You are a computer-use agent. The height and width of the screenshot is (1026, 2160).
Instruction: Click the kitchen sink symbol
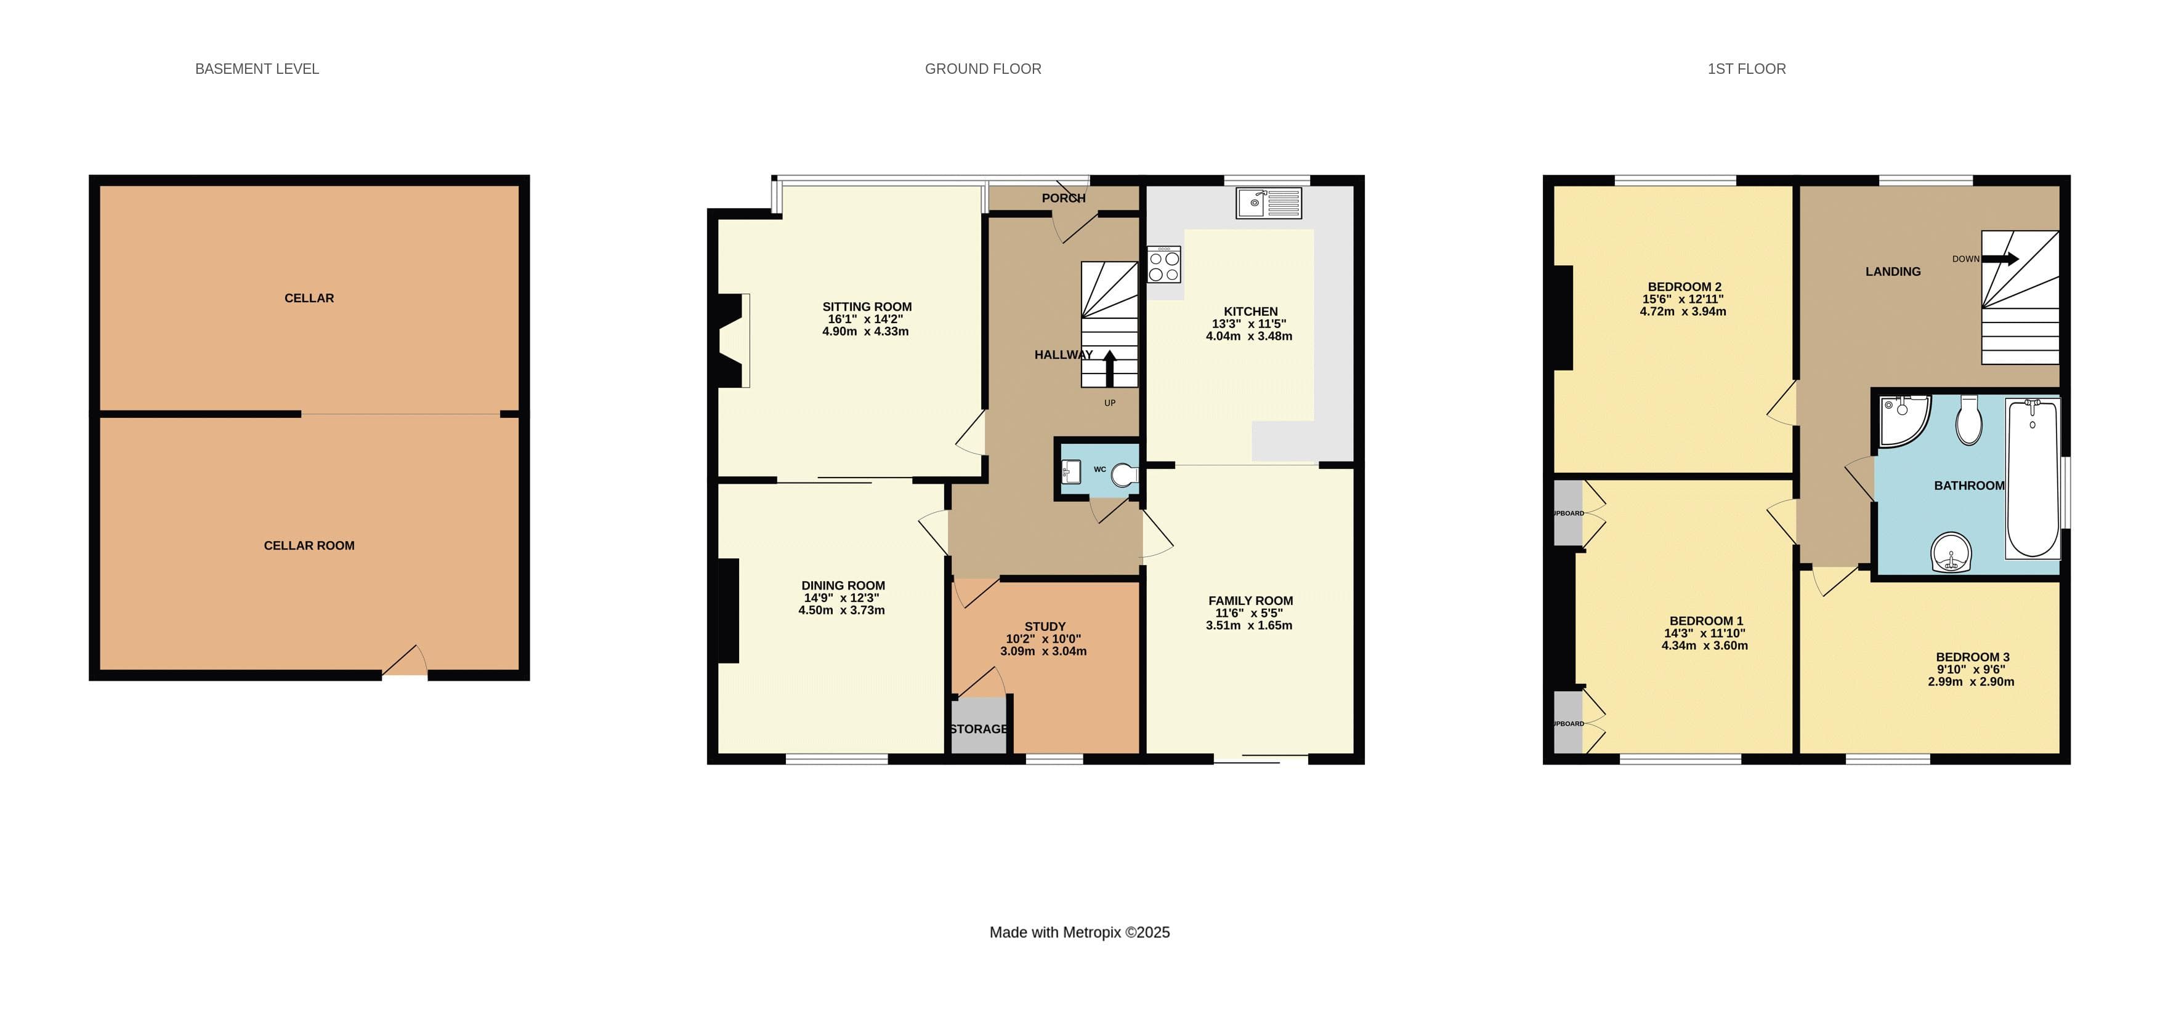tap(1269, 203)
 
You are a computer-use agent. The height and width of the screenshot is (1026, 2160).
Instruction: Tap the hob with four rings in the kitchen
tap(1164, 264)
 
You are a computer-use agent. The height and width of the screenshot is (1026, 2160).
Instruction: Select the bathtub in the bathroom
tap(2033, 479)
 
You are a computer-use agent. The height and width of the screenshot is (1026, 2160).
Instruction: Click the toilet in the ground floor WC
tap(1125, 475)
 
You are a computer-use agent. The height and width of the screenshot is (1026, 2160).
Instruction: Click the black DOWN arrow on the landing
tap(2000, 259)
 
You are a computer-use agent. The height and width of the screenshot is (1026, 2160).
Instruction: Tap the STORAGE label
tap(979, 729)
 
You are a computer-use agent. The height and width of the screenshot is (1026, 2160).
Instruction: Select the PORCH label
tap(1063, 198)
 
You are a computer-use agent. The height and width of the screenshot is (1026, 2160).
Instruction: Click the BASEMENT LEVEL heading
tap(257, 69)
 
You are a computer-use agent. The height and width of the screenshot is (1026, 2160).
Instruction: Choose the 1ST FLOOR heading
tap(1747, 69)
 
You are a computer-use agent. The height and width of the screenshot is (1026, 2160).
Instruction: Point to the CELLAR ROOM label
tap(309, 546)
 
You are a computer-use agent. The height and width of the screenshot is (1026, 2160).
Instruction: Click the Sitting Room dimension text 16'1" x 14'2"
tap(865, 319)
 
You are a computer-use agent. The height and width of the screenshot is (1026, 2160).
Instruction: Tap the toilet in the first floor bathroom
tap(1969, 420)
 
